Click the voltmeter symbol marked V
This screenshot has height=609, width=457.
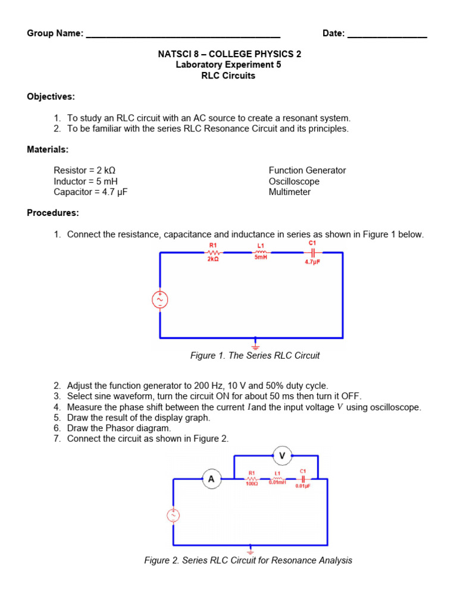(282, 456)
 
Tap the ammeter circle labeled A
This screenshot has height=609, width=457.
(211, 478)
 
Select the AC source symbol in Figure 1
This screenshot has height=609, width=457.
(160, 300)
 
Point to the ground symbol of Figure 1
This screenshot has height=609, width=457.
(256, 344)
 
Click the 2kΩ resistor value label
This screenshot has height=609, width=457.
(214, 260)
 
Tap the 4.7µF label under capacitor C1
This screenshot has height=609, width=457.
(312, 261)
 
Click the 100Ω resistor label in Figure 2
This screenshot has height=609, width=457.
(251, 484)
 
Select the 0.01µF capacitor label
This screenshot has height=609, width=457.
(303, 486)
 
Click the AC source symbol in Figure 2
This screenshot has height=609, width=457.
(173, 516)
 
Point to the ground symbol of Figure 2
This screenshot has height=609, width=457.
(251, 550)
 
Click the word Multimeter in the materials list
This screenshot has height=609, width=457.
(290, 192)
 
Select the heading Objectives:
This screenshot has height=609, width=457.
(51, 96)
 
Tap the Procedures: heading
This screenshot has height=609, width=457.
(53, 213)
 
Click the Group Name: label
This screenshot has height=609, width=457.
(55, 33)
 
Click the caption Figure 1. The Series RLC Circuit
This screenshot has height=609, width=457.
(255, 356)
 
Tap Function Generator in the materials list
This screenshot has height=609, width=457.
(307, 171)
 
